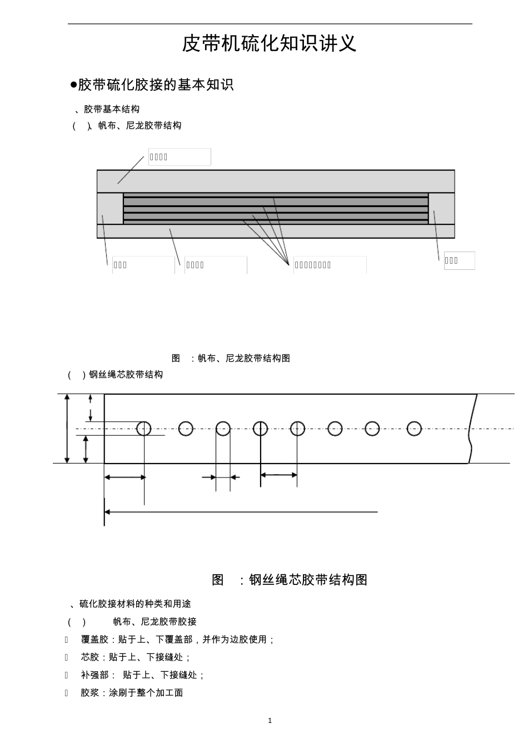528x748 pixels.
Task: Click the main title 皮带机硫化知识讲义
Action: [269, 43]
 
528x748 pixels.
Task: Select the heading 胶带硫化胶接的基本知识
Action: [155, 85]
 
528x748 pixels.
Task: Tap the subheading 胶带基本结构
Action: [112, 109]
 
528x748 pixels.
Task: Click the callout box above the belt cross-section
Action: [180, 157]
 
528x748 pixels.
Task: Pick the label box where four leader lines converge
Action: [330, 265]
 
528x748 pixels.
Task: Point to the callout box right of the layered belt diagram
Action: [459, 260]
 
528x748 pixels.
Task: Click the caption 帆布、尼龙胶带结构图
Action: [244, 358]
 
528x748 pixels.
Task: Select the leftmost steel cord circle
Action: [144, 429]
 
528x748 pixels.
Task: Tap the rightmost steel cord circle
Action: [414, 429]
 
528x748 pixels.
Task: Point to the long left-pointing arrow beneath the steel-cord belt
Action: [241, 511]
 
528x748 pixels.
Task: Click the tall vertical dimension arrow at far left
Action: [67, 429]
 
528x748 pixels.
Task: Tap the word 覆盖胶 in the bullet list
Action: [94, 639]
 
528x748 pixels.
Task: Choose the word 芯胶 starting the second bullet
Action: [90, 657]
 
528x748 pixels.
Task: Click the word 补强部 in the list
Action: [94, 675]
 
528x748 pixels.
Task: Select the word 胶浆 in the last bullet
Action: [90, 693]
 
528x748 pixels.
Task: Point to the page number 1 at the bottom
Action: [270, 721]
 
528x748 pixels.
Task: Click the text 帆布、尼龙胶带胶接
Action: [155, 622]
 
